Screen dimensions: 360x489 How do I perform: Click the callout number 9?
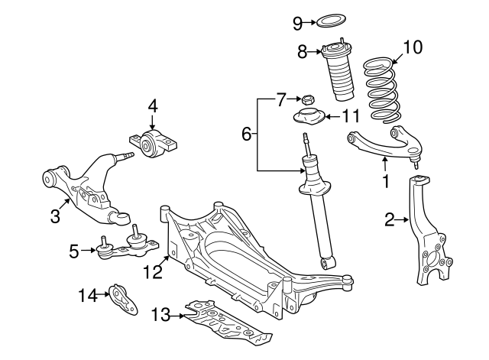[298, 22]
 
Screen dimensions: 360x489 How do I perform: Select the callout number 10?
[412, 47]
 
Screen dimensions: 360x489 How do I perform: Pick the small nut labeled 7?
[309, 99]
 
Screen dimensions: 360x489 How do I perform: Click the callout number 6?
[247, 135]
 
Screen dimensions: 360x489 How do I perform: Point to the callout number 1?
[386, 182]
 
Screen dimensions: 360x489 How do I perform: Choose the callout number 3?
[55, 216]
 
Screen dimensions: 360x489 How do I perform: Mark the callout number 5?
[74, 249]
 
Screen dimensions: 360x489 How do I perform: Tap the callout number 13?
[160, 314]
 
